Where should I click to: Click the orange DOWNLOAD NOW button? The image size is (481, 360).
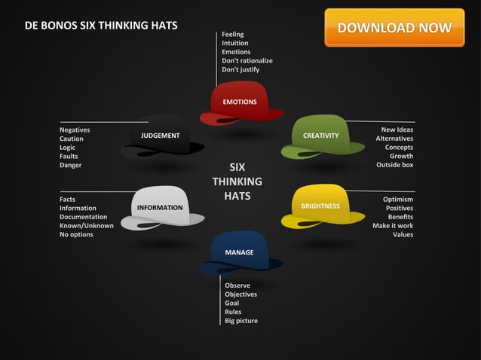coord(394,28)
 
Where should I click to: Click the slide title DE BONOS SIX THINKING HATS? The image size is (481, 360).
coord(101,25)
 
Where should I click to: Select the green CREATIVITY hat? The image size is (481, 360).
coord(322,137)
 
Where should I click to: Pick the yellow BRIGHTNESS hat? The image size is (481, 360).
coord(322,207)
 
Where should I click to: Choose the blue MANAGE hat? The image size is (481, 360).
coord(240,253)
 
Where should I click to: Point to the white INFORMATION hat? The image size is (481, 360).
coord(161,208)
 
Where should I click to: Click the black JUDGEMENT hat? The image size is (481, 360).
coord(161,137)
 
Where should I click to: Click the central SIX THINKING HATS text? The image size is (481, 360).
coord(237,182)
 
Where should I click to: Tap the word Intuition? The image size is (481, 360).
coord(235,43)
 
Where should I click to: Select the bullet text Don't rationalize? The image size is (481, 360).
coord(247,60)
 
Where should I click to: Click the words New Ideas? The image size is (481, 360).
coord(397,130)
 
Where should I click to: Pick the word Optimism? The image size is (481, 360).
coord(397,199)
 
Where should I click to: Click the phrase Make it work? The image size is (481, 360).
coord(392,225)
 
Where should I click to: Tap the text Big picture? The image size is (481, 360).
coord(241,321)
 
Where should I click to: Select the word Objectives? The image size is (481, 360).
coord(240,294)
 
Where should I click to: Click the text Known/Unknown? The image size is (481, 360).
coord(87,225)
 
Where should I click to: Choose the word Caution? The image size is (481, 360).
coord(72,139)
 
